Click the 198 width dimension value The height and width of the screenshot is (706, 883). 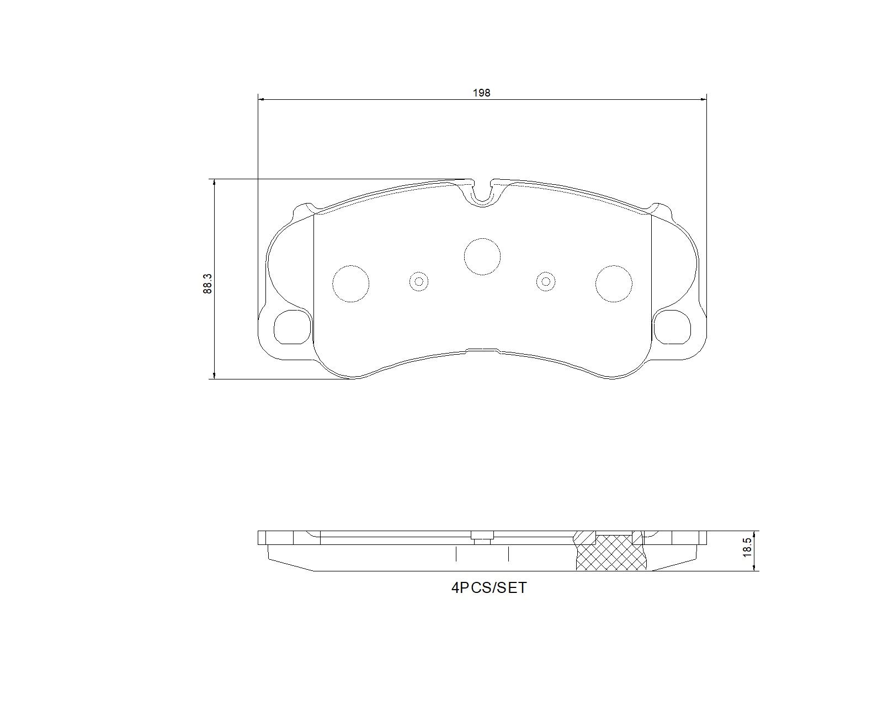pos(481,93)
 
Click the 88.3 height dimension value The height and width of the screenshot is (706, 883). pos(208,284)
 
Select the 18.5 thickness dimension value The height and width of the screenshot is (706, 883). pos(747,549)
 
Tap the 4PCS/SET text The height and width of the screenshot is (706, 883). pos(489,588)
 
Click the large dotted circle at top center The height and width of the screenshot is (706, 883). pos(482,256)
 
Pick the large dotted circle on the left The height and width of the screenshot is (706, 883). pos(350,284)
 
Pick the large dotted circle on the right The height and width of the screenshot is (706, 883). pos(614,284)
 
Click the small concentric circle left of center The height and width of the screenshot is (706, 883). pos(419,282)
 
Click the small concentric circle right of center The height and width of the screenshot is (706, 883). pos(546,282)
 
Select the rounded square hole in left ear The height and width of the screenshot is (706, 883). pos(292,327)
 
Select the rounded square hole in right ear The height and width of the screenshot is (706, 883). pos(672,327)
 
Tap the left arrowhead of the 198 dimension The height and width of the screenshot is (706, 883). pos(262,99)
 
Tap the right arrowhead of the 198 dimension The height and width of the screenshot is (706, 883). pos(703,99)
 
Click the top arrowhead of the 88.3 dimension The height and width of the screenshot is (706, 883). pos(214,183)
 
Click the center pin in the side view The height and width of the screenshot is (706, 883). pos(482,537)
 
